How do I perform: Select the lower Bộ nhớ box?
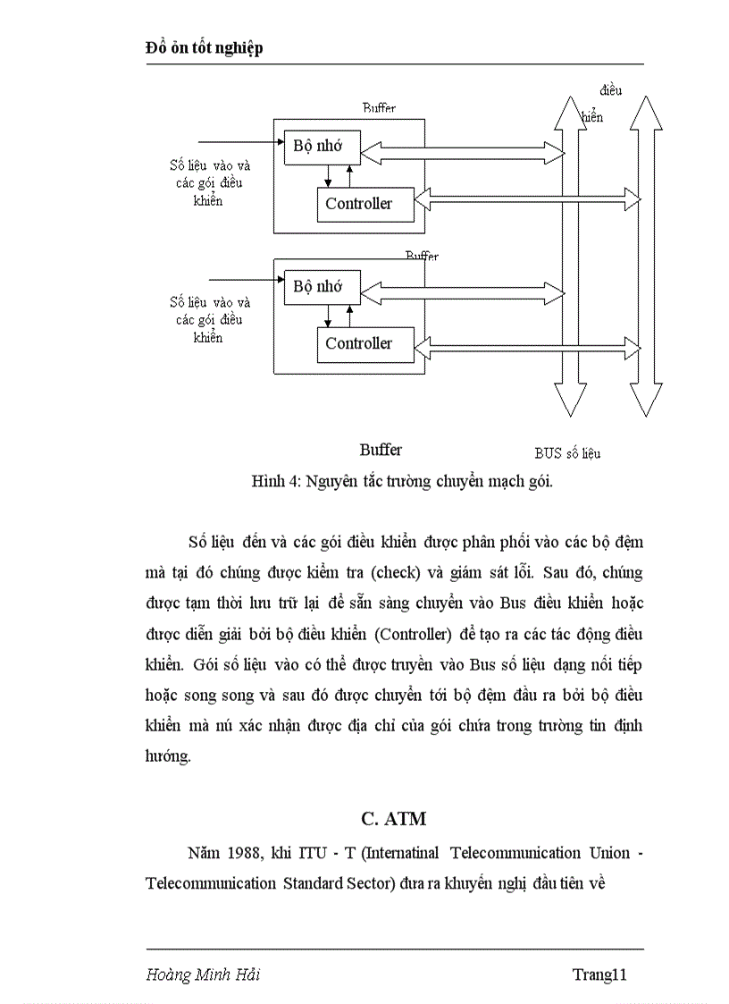pyautogui.click(x=318, y=287)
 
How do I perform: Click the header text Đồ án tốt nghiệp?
pyautogui.click(x=204, y=48)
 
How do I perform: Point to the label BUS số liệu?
pyautogui.click(x=567, y=453)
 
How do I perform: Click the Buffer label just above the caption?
pyautogui.click(x=381, y=450)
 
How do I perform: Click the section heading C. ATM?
pyautogui.click(x=394, y=818)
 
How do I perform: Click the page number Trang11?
pyautogui.click(x=599, y=974)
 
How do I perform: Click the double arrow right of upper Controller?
pyautogui.click(x=528, y=194)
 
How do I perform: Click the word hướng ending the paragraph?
pyautogui.click(x=167, y=755)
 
